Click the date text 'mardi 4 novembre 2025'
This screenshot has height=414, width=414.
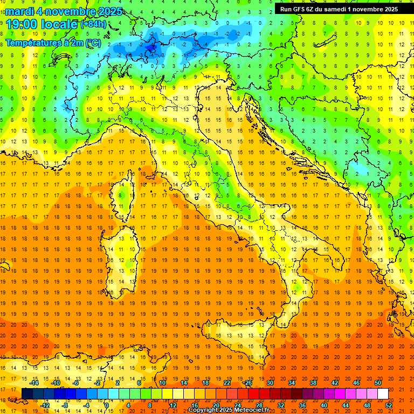point(64,11)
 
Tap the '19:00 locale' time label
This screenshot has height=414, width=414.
point(42,24)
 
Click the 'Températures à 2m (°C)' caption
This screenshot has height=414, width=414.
point(53,42)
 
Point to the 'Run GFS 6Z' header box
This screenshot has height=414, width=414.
point(339,9)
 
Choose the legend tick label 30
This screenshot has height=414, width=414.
point(270,383)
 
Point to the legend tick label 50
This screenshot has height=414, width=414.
point(377,383)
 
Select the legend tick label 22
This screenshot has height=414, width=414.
point(226,383)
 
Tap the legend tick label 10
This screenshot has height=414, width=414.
point(162,383)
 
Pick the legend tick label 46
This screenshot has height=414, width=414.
point(356,383)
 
